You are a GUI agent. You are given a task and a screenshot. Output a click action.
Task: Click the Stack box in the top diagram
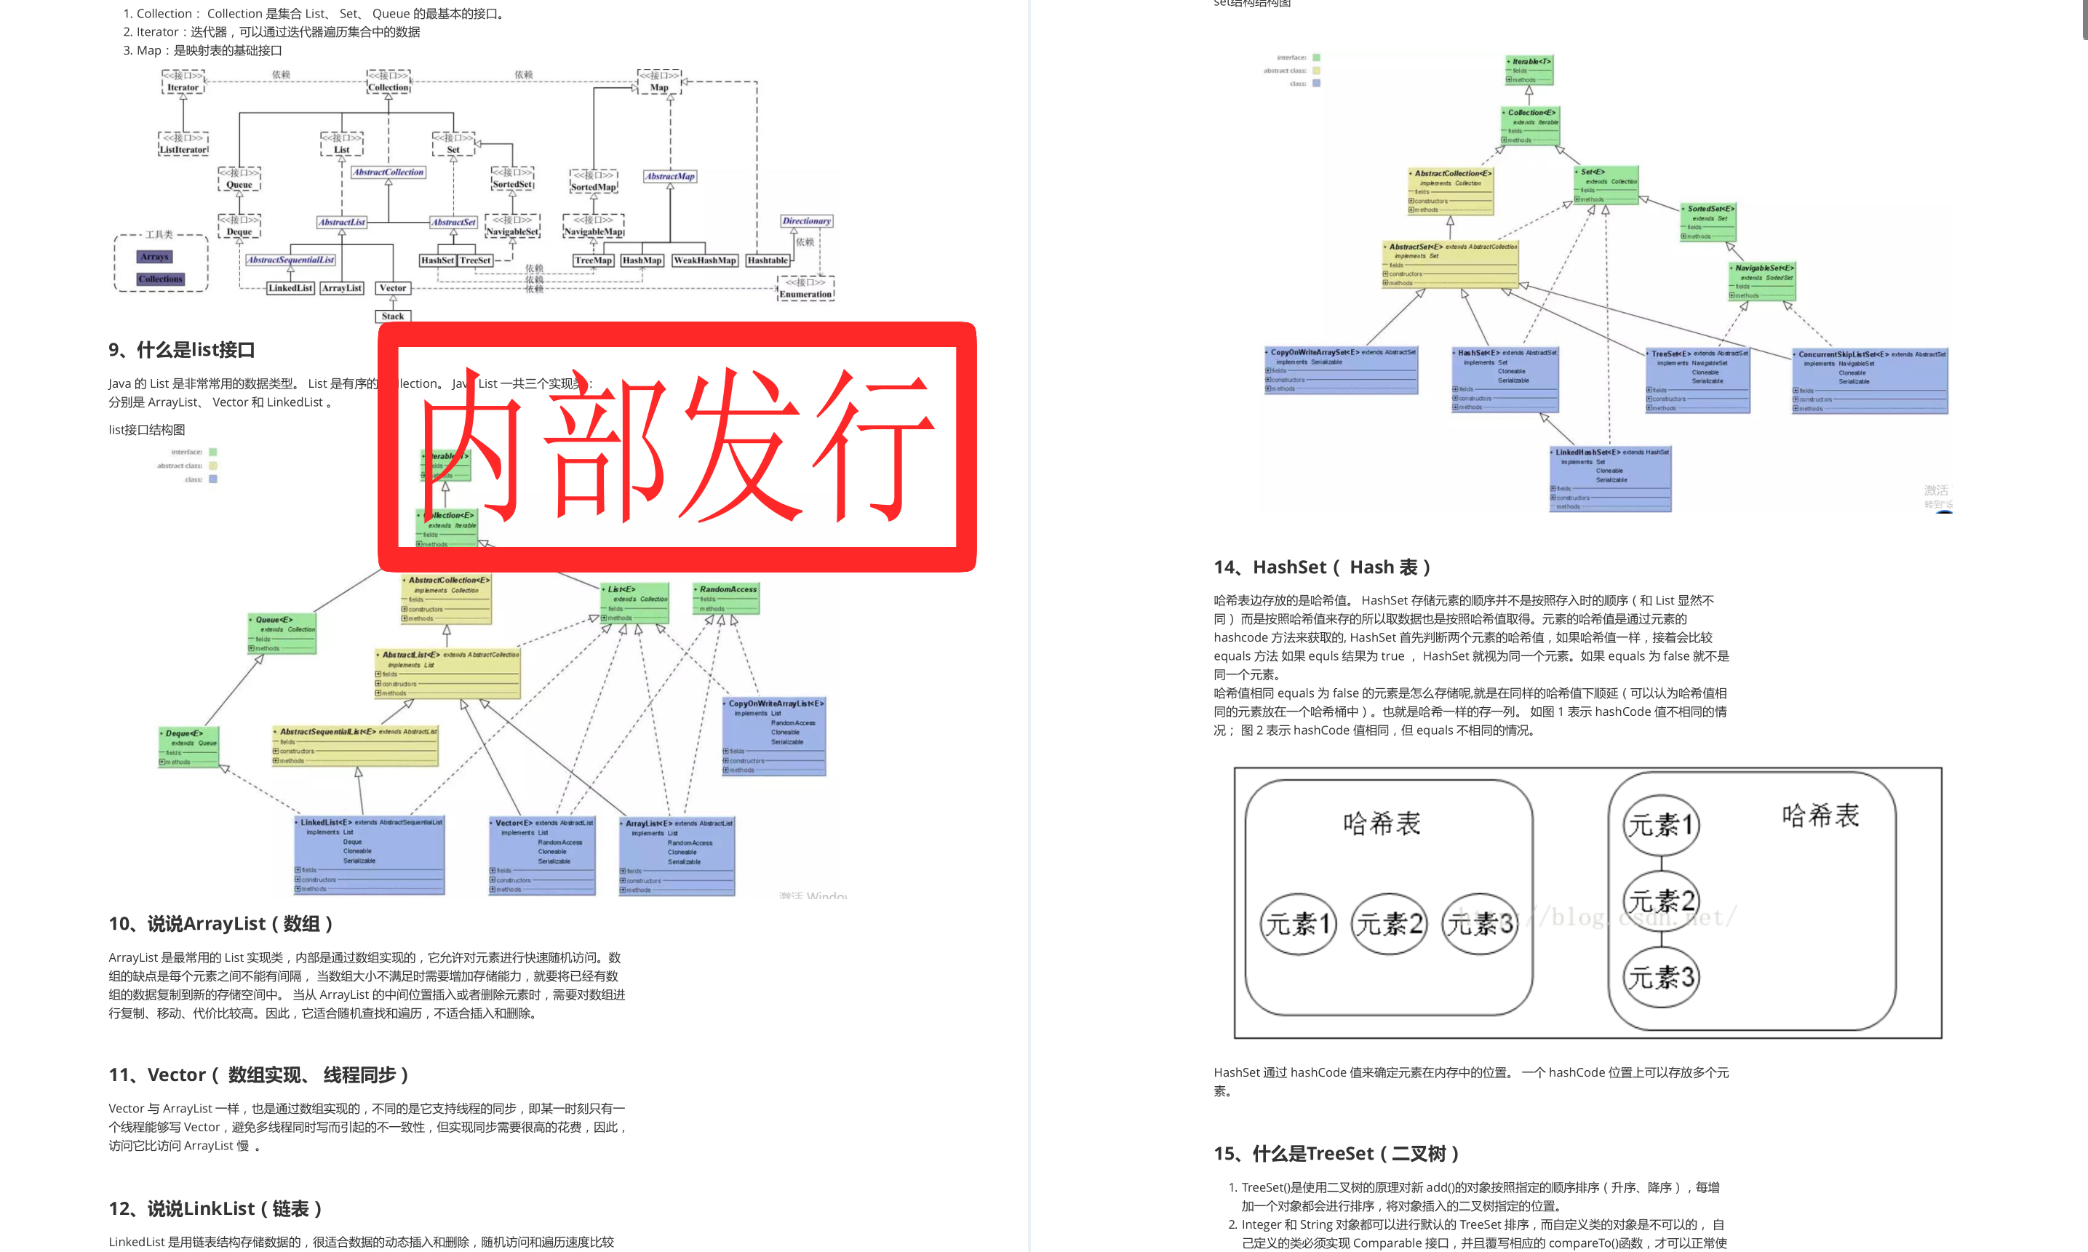(392, 316)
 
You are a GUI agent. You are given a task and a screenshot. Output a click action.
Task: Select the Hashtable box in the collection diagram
(767, 260)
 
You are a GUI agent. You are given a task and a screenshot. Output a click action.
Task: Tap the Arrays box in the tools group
(154, 257)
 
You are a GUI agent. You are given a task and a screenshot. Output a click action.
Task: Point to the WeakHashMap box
(704, 260)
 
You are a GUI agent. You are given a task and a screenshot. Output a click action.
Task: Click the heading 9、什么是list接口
(181, 350)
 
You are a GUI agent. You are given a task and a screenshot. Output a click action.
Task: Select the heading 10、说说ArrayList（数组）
(220, 924)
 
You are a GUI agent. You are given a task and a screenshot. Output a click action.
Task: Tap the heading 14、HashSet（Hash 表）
(1321, 567)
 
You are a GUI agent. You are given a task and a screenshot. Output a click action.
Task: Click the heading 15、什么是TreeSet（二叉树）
(1336, 1153)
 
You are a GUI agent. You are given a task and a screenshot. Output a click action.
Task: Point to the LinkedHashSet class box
(1611, 479)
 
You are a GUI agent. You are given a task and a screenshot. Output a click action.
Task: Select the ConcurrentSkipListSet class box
(1870, 380)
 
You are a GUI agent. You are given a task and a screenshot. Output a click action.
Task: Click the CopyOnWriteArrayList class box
(773, 735)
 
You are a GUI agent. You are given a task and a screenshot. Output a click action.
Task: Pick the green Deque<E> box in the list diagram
(189, 746)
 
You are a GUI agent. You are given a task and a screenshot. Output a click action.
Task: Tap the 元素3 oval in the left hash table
(1480, 924)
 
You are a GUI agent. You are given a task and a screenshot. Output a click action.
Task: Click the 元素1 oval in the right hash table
(1660, 824)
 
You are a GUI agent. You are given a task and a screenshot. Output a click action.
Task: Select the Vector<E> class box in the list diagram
(543, 855)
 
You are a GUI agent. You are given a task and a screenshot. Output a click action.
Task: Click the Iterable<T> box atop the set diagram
(1529, 70)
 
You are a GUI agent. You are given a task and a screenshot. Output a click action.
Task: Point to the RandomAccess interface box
(725, 598)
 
